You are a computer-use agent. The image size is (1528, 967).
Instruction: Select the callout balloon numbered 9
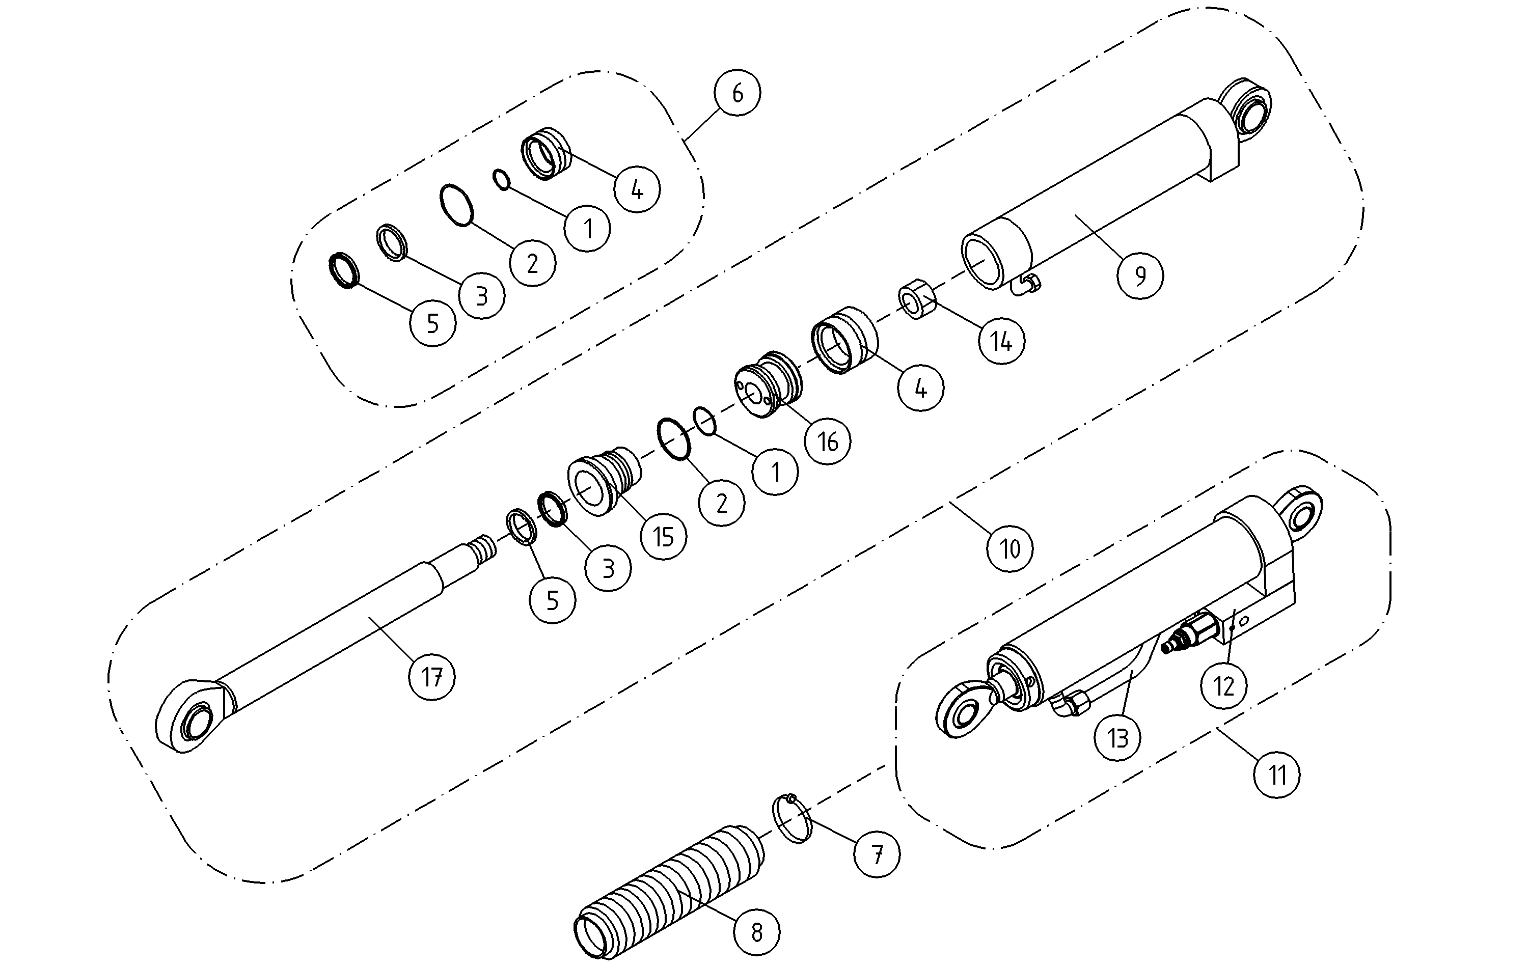pos(1140,276)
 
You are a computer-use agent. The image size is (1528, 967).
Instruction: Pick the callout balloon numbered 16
pos(828,441)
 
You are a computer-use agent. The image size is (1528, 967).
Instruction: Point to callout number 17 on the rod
pos(432,678)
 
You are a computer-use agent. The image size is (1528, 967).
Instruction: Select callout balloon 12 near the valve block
pos(1223,686)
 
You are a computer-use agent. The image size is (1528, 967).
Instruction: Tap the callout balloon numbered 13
pos(1117,738)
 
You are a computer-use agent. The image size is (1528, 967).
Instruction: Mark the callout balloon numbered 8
pos(756,932)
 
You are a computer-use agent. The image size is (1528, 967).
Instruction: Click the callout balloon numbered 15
pos(663,537)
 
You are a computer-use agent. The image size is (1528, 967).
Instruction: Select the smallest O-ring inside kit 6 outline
pos(502,180)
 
